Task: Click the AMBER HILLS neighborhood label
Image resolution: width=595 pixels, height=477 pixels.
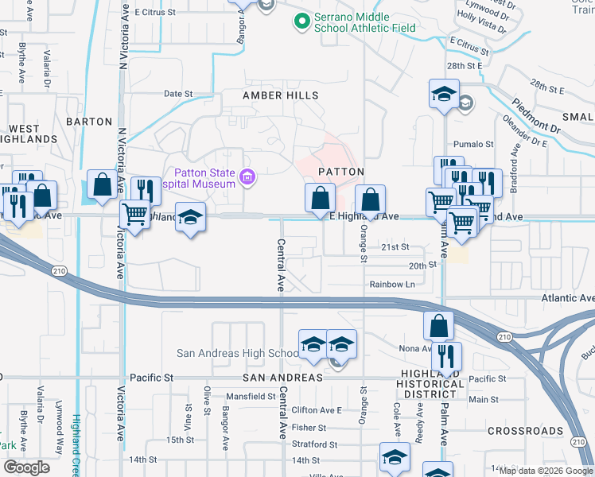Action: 281,95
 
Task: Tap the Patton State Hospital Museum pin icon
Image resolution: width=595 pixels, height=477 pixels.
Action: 247,176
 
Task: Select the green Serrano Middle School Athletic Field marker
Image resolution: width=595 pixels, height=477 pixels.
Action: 301,22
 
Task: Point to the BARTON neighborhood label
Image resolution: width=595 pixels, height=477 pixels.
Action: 89,122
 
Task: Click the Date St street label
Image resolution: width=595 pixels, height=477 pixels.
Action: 178,94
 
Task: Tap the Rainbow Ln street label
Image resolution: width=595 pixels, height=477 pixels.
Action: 392,285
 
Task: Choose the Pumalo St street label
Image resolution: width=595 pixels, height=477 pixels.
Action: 473,145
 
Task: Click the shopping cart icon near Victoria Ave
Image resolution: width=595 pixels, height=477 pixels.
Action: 135,213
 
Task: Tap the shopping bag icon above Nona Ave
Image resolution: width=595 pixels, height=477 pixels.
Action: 438,324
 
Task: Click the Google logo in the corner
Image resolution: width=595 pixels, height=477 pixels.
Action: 26,467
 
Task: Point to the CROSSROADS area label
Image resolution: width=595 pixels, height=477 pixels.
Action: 525,431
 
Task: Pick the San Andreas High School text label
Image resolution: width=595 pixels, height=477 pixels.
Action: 237,354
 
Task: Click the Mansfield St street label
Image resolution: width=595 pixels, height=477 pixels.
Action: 239,396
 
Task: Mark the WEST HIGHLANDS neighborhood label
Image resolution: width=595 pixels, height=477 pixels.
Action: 33,134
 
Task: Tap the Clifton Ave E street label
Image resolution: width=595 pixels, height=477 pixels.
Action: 317,410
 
